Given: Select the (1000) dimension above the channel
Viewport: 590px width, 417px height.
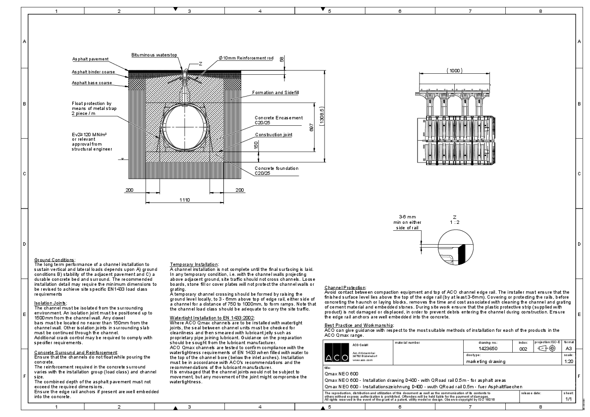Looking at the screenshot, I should [x=454, y=71].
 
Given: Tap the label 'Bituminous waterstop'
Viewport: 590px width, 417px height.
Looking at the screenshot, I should [x=154, y=55].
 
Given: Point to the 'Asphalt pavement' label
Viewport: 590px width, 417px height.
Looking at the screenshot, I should [x=90, y=59].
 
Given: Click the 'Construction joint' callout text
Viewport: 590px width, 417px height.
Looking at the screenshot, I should [x=273, y=135].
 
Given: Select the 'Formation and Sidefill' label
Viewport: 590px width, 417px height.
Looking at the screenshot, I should [x=275, y=93].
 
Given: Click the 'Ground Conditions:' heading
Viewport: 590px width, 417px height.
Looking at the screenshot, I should [x=54, y=260].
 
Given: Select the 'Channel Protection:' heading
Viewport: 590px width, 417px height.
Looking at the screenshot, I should [x=345, y=288].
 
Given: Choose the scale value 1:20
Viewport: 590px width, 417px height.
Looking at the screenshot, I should [x=569, y=362].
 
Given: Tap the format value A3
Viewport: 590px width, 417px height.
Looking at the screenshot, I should [x=569, y=349].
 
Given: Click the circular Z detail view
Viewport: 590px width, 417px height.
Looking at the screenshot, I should [x=454, y=248].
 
